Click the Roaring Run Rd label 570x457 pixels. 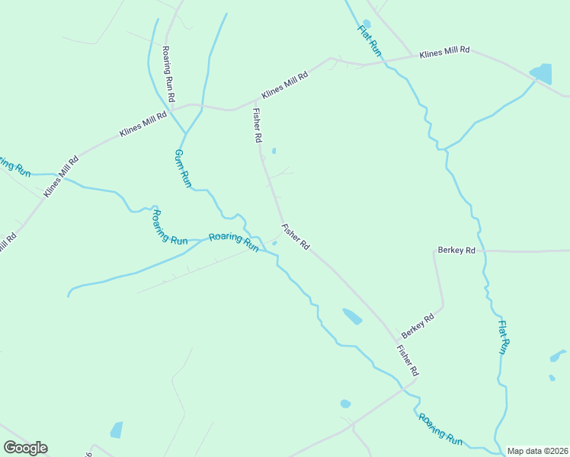[x=169, y=74]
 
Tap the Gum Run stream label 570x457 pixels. [x=182, y=168]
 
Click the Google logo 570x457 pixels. [x=25, y=448]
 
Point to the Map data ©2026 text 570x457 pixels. [x=537, y=451]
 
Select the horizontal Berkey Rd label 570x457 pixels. [x=456, y=250]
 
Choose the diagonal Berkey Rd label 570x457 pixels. [x=418, y=325]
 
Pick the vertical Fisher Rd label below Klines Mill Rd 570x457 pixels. [x=257, y=126]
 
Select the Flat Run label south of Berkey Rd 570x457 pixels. [x=502, y=337]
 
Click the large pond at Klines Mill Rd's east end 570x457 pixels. [x=541, y=73]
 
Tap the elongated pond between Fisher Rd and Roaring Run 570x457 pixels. [x=352, y=316]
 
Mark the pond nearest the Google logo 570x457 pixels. [x=117, y=430]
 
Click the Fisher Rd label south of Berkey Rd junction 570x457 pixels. [x=408, y=360]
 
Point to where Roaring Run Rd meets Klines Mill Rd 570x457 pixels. [x=173, y=107]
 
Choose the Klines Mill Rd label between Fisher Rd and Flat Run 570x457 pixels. [x=285, y=85]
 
